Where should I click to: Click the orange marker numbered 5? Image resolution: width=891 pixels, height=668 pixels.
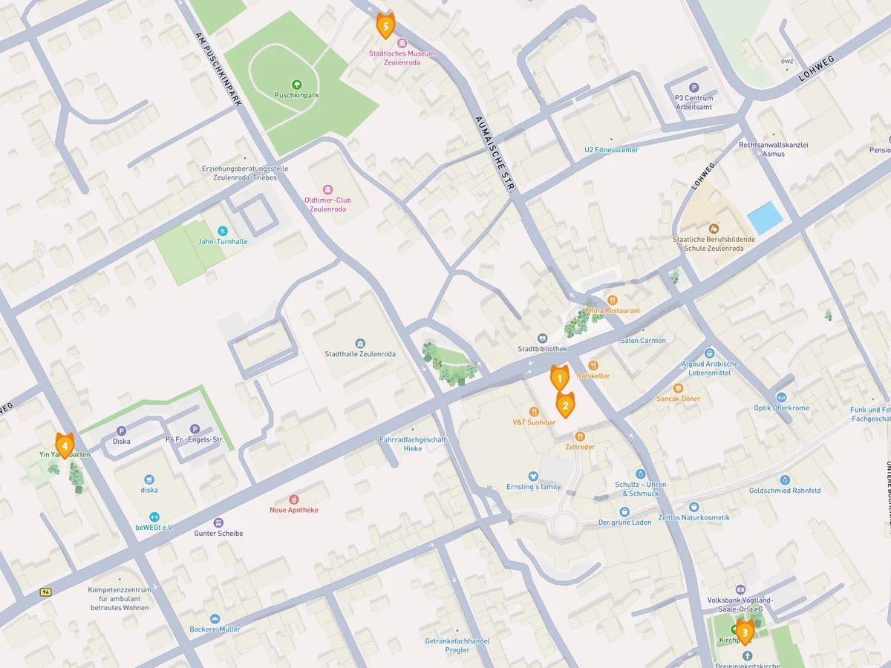point(385,26)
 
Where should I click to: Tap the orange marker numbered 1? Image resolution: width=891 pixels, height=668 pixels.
point(559,379)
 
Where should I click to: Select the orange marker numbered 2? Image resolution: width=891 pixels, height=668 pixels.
point(565,405)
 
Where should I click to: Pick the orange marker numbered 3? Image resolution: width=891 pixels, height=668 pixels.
point(745,632)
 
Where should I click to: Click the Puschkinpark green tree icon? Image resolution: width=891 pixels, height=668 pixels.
point(297,85)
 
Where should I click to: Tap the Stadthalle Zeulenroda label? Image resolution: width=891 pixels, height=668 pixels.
point(360,354)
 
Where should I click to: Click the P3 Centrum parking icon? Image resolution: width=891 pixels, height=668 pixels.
point(694,87)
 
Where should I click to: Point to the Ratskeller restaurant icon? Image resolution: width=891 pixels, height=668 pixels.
point(593,365)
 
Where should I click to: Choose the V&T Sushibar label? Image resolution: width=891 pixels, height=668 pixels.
point(534,422)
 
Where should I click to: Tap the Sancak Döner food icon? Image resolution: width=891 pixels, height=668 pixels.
point(678,388)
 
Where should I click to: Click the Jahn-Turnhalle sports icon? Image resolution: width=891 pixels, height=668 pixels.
point(223,231)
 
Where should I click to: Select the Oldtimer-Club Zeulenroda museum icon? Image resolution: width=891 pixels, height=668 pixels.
point(327,189)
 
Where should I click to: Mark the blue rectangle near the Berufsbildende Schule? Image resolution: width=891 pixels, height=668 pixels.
point(765,217)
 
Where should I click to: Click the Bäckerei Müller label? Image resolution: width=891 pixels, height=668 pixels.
point(215,629)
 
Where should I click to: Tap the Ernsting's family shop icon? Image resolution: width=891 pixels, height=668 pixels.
point(532,476)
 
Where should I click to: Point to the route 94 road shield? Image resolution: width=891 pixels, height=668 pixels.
point(46,592)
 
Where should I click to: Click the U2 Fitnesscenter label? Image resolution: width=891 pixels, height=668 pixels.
point(611,150)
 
